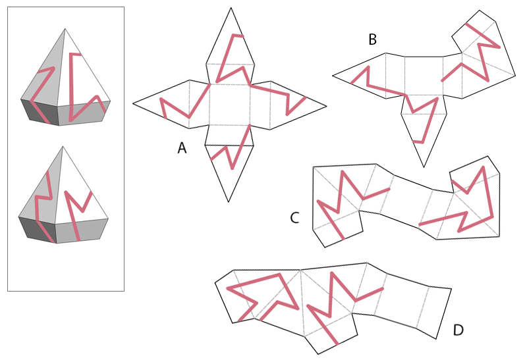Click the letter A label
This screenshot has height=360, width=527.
[182, 148]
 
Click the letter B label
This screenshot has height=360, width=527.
[372, 39]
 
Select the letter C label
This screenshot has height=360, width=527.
[294, 218]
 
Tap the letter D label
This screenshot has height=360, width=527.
[458, 330]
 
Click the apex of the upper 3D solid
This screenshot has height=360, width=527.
[65, 29]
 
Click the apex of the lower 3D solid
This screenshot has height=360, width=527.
[63, 146]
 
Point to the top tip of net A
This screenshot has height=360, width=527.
[231, 8]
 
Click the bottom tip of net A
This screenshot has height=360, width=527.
[229, 202]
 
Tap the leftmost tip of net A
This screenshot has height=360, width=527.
[133, 103]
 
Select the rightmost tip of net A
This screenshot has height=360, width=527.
[326, 107]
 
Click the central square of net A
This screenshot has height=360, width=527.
[229, 105]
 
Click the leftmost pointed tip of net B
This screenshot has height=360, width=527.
[333, 76]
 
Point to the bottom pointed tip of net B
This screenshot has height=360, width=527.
[424, 167]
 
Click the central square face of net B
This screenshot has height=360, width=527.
[424, 76]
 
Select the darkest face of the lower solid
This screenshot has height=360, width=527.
[36, 230]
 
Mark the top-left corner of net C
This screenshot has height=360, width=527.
[314, 167]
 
